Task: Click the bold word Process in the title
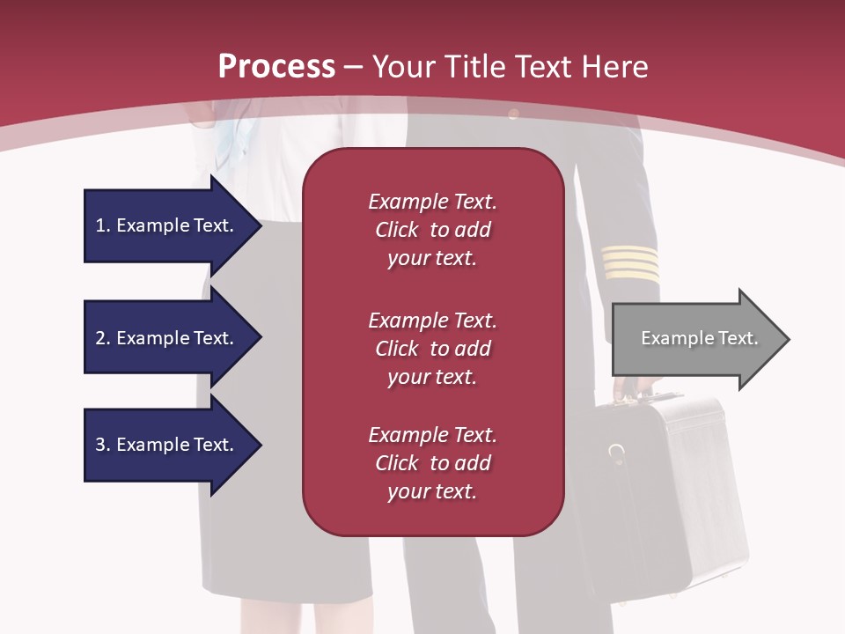tap(276, 67)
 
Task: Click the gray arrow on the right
tap(695, 339)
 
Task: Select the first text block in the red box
tap(432, 230)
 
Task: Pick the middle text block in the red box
tap(432, 349)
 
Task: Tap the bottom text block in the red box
tap(432, 463)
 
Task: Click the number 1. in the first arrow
tap(103, 225)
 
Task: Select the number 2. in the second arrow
tap(103, 338)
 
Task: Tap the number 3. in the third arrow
tap(103, 445)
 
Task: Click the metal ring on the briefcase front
tap(617, 453)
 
